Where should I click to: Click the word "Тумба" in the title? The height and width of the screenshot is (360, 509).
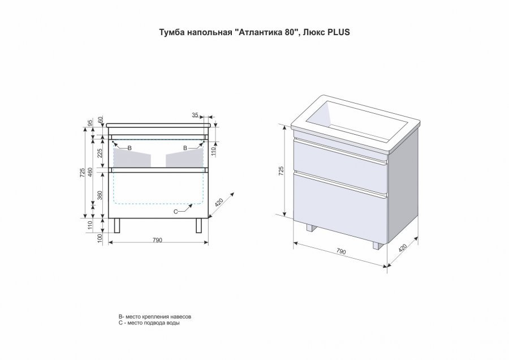point(169,32)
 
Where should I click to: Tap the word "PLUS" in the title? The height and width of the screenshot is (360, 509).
point(339,32)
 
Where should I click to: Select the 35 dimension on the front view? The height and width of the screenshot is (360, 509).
point(196,115)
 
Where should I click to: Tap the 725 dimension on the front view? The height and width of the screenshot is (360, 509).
point(81,172)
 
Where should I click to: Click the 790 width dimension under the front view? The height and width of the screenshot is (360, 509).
point(157,240)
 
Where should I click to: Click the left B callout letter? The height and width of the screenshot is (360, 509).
point(130,148)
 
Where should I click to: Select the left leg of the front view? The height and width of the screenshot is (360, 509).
point(118,225)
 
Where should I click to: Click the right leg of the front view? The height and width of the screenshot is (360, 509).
point(199,225)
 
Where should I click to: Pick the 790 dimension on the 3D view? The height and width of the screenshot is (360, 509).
point(340,251)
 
